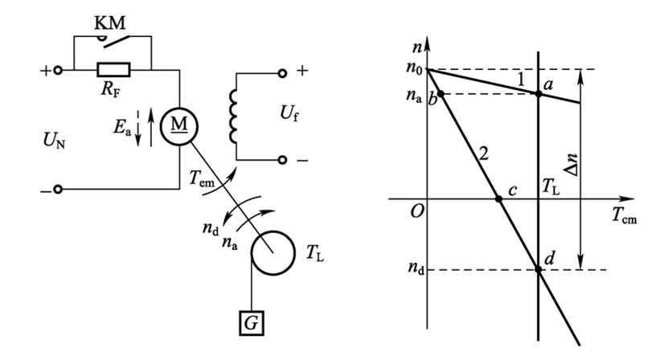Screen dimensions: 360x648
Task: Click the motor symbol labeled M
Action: (x=178, y=126)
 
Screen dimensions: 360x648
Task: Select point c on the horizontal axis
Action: (x=498, y=198)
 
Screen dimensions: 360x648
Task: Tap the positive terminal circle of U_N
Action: (x=59, y=71)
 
